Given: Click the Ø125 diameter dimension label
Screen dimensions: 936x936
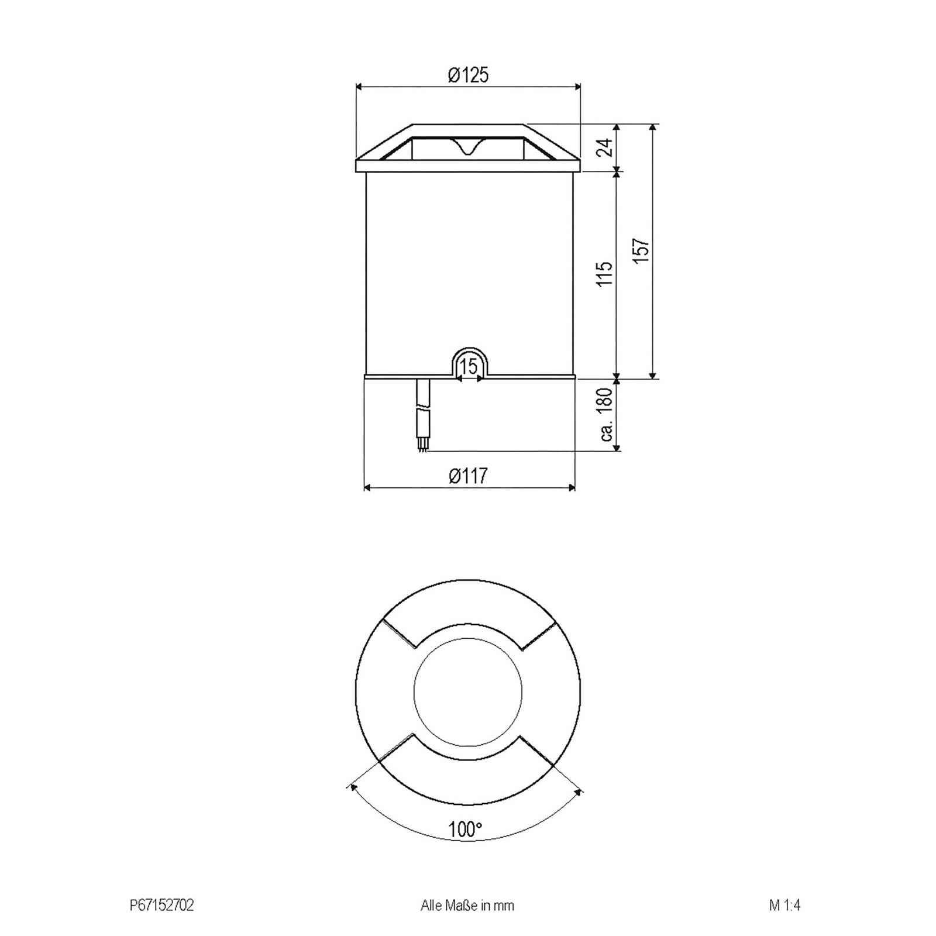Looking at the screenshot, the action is [468, 75].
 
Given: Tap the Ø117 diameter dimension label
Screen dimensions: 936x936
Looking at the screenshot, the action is [468, 476].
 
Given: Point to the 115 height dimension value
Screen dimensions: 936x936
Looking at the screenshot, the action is [607, 273].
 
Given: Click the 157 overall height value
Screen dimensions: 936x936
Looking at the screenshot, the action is [642, 250].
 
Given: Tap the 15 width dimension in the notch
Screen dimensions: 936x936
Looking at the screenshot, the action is [469, 367].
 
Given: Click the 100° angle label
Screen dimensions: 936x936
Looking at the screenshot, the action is [466, 829].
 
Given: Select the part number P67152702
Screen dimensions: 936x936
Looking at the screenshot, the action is [161, 906].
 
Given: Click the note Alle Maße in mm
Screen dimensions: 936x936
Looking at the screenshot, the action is [467, 906].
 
